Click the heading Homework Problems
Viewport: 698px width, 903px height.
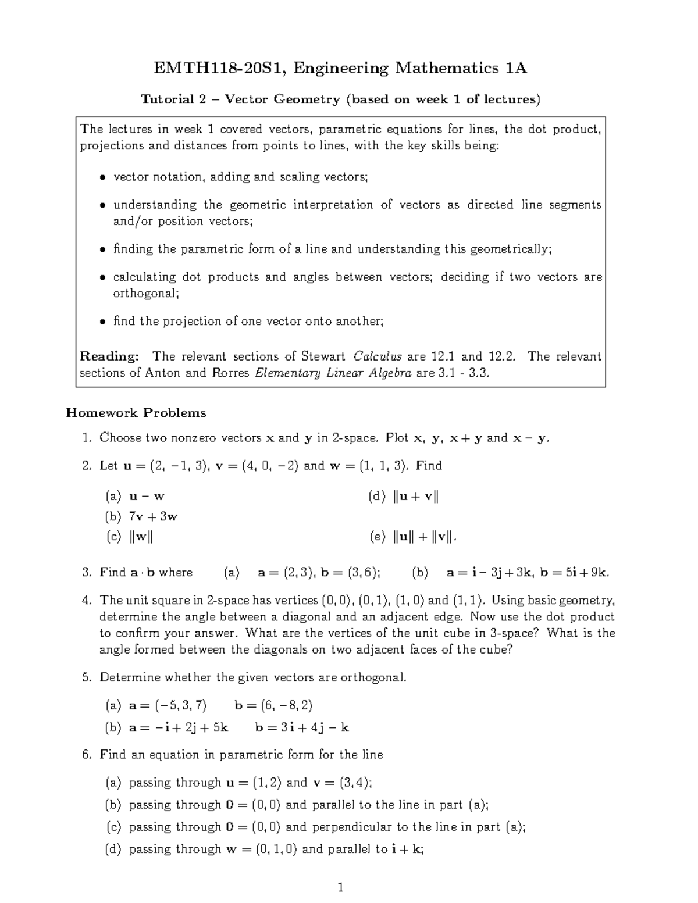136,413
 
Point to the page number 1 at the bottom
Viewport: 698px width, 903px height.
341,887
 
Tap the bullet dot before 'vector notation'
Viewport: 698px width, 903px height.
102,177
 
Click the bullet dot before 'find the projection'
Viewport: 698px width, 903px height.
102,322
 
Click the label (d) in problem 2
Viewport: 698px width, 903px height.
377,497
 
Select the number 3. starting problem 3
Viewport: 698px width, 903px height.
87,572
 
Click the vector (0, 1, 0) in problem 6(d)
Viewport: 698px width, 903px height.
279,849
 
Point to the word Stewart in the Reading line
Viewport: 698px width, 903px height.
323,356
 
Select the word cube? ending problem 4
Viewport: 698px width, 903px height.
496,649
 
